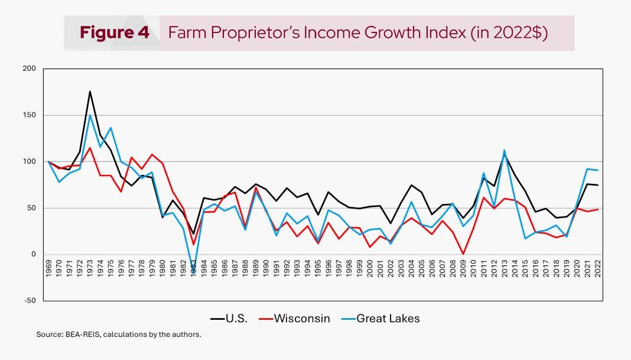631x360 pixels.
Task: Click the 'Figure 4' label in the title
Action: click(115, 33)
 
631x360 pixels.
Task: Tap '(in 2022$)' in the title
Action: click(509, 33)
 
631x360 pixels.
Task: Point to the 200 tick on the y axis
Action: click(30, 69)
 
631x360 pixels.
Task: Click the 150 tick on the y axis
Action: click(30, 115)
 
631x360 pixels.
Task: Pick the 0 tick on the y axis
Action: click(34, 254)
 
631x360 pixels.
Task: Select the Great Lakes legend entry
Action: click(380, 319)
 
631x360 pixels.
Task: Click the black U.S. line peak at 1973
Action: click(90, 91)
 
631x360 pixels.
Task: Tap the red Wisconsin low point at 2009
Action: click(463, 254)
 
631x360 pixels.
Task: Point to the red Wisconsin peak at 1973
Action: click(90, 147)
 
